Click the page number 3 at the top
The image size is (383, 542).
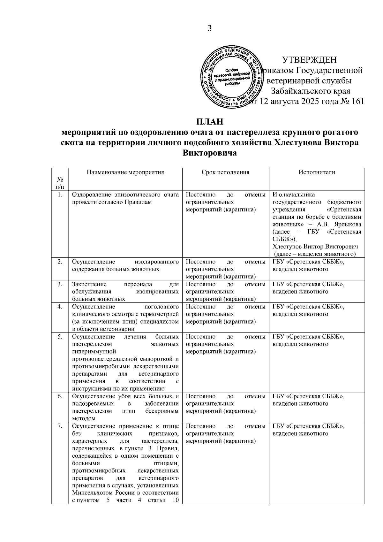(x=210, y=28)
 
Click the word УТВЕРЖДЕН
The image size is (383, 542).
(x=309, y=60)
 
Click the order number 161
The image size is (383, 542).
(x=357, y=102)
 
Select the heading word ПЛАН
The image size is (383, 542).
(x=209, y=122)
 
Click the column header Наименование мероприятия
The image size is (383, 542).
(x=125, y=172)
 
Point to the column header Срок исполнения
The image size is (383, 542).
(x=225, y=172)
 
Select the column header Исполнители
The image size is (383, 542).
(x=317, y=172)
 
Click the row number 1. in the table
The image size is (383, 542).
(x=60, y=195)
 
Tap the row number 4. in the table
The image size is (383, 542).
(x=60, y=307)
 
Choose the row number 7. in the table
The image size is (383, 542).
(x=60, y=426)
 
